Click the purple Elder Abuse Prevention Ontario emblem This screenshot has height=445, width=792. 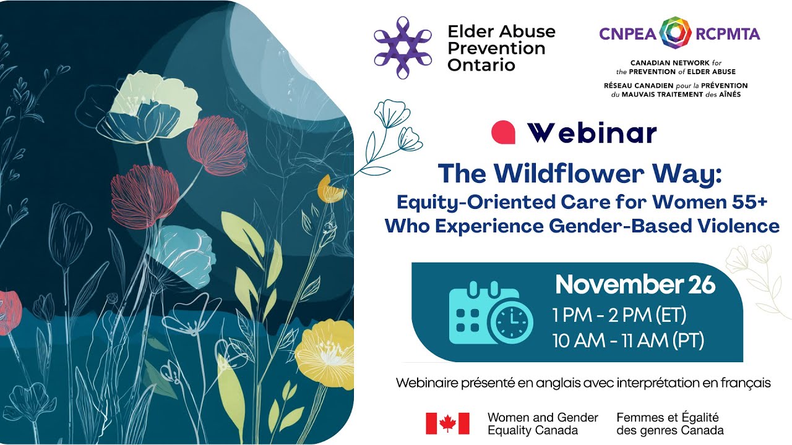tap(403, 48)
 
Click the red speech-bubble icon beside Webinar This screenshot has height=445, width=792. tap(503, 132)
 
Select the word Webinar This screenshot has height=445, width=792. tap(592, 133)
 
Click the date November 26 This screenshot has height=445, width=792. tap(635, 285)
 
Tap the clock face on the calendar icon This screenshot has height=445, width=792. tap(511, 323)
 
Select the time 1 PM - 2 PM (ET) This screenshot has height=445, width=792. tap(619, 315)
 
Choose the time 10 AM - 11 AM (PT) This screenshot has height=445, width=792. tap(628, 340)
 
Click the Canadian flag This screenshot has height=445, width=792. tap(447, 423)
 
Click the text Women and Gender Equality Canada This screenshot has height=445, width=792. tap(543, 423)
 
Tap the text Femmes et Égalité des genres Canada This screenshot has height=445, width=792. tap(669, 423)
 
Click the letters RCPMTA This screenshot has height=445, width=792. tap(728, 34)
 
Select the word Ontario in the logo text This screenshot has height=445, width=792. tap(481, 64)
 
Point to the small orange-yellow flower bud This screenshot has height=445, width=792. tap(330, 189)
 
